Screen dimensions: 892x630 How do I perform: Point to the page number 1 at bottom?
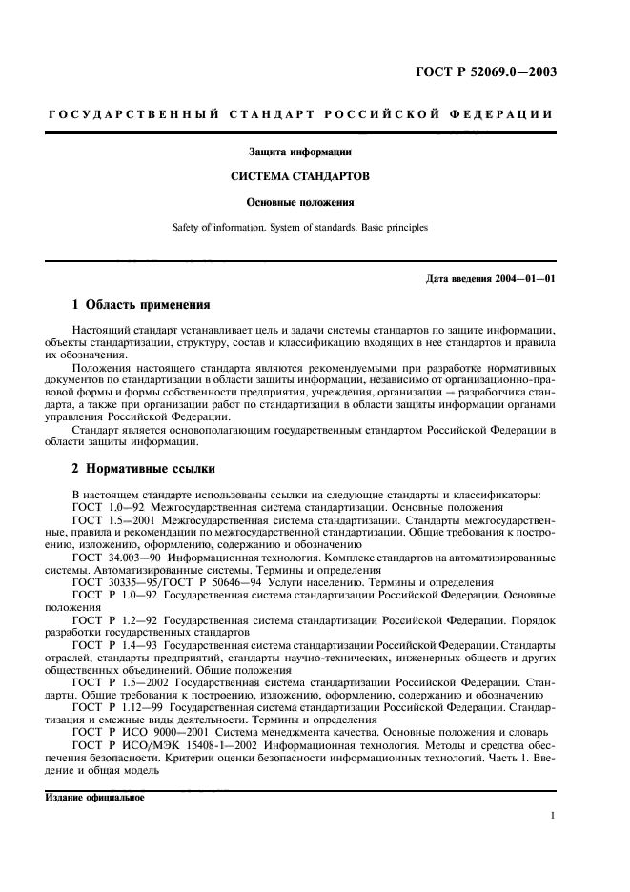click(x=553, y=816)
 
